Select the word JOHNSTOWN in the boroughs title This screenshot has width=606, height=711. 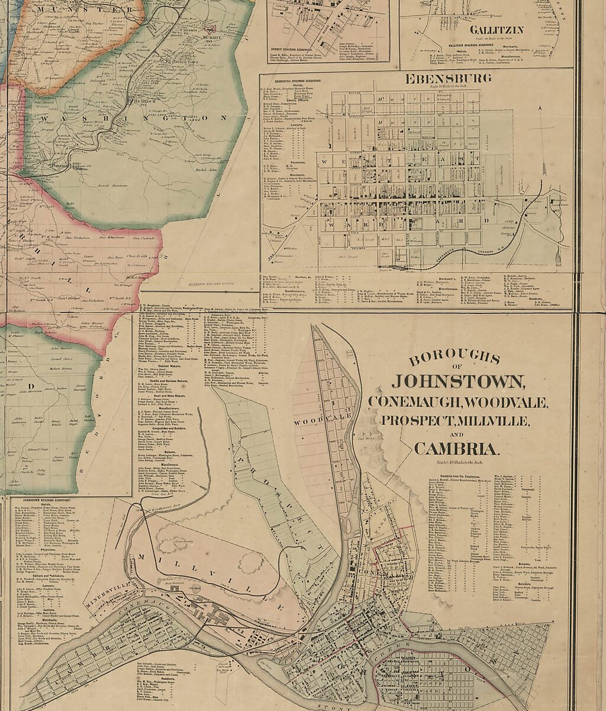coord(456,381)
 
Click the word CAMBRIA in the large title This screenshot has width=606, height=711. coord(456,448)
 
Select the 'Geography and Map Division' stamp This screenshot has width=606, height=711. coord(207,285)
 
